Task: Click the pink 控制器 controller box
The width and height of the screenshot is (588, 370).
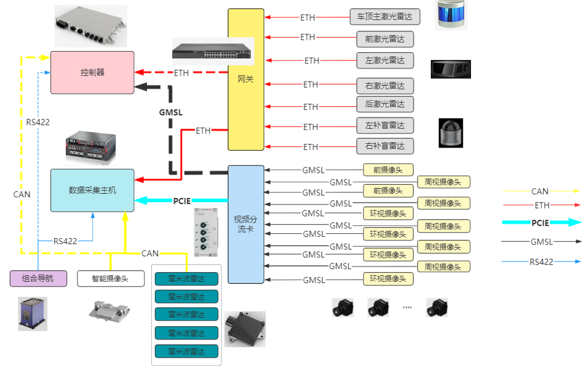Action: coord(92,73)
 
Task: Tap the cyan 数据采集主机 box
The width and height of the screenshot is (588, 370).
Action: coord(92,190)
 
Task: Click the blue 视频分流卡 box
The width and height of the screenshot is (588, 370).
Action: coord(246,224)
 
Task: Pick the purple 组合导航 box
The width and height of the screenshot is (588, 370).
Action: coord(38,278)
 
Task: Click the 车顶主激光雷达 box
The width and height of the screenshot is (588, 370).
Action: coord(385,17)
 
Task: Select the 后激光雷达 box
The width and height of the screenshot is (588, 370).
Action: coord(385,104)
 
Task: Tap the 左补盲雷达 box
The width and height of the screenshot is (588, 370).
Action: coord(385,126)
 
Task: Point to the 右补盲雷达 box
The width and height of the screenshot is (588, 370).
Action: coord(385,146)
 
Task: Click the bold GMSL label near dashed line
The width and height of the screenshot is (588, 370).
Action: coord(170,112)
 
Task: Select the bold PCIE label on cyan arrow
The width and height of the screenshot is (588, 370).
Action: coord(182,201)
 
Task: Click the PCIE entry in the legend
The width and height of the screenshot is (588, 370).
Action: coord(540,222)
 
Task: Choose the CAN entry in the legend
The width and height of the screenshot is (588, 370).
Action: coord(540,191)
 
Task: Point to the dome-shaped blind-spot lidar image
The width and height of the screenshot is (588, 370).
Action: coord(451,133)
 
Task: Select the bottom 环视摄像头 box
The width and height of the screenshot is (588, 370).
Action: coord(388,279)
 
